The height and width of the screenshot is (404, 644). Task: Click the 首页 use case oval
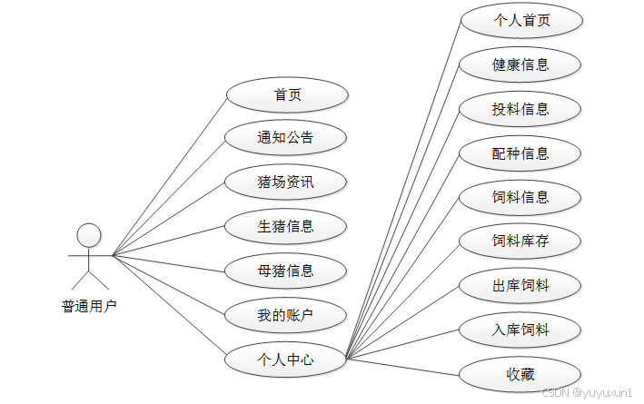tap(287, 94)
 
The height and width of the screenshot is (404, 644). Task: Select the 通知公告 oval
tap(287, 138)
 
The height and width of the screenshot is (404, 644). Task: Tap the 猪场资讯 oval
tap(287, 182)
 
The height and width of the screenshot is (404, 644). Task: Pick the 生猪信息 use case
tap(287, 226)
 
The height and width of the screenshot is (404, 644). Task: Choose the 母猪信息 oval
tap(287, 271)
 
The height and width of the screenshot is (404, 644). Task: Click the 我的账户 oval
tap(287, 315)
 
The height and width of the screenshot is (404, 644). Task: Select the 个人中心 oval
tap(287, 360)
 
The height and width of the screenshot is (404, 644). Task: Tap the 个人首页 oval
tap(520, 20)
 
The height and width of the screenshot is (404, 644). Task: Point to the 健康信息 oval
tap(520, 64)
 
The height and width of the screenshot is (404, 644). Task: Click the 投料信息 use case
tap(520, 109)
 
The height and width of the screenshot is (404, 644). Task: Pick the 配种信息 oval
tap(520, 153)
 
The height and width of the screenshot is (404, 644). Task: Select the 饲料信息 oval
tap(520, 197)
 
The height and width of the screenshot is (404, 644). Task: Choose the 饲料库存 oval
tap(520, 241)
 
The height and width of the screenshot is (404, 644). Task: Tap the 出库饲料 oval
tap(520, 286)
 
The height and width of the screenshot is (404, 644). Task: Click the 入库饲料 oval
tap(520, 330)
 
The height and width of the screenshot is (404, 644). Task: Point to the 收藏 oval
tap(520, 374)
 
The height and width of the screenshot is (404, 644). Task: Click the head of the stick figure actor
tap(89, 235)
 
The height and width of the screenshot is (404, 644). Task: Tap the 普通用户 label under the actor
tap(89, 306)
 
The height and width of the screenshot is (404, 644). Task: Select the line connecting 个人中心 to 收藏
tap(404, 365)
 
